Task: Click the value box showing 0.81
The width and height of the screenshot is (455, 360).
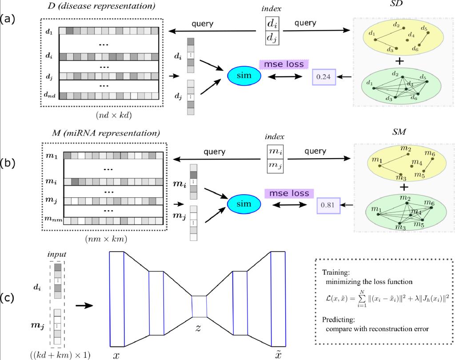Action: click(x=328, y=206)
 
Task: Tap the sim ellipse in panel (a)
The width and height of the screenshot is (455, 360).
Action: click(x=245, y=76)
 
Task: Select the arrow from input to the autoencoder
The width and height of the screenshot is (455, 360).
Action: click(x=83, y=305)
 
